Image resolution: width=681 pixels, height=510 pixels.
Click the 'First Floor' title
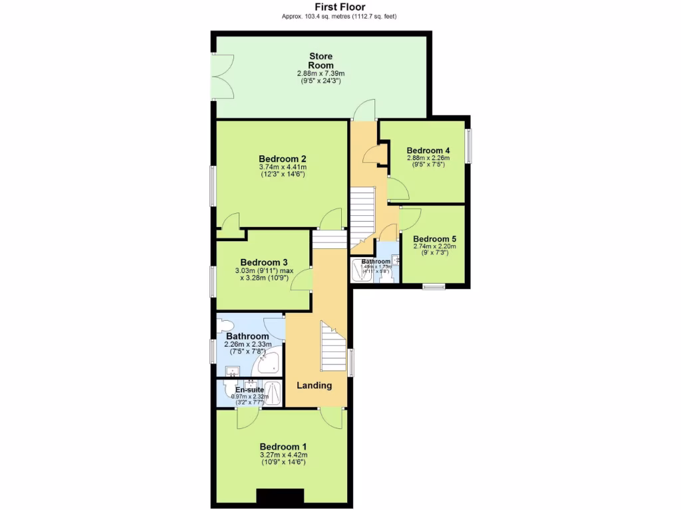[340, 7]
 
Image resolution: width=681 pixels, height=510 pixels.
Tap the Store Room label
[321, 60]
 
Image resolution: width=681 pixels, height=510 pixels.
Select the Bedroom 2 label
[282, 159]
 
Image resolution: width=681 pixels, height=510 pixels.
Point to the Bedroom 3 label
[264, 262]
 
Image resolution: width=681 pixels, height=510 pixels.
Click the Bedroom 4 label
[428, 150]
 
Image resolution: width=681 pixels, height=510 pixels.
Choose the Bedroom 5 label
[434, 238]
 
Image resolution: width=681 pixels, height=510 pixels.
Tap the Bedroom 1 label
[283, 446]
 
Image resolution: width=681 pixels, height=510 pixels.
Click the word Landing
[314, 385]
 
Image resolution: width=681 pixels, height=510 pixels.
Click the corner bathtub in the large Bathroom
[267, 362]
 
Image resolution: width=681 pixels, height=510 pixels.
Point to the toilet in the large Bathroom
[225, 325]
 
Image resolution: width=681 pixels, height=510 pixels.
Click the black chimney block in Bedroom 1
[280, 496]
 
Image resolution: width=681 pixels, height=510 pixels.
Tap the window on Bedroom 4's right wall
[468, 145]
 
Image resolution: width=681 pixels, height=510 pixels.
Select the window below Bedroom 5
[434, 287]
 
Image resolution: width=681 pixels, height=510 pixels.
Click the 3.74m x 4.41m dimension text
[282, 167]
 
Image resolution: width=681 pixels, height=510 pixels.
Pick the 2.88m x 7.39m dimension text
[321, 73]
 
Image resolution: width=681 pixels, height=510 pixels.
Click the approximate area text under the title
[339, 17]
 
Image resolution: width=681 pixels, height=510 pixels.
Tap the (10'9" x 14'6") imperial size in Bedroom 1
[283, 462]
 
